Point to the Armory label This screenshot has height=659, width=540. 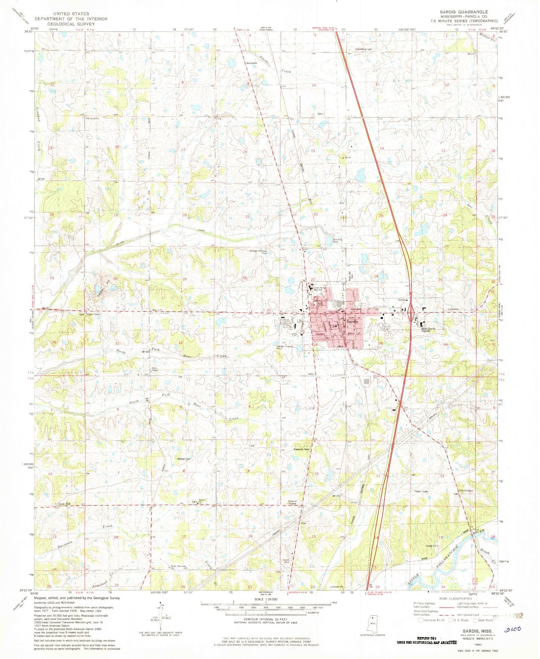click(x=402, y=300)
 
